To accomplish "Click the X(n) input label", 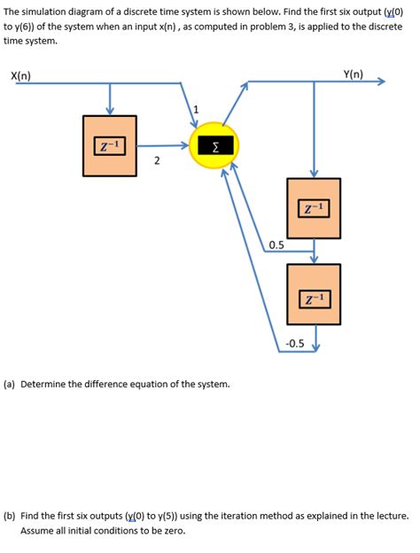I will pyautogui.click(x=20, y=75).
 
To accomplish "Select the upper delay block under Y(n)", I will pyautogui.click(x=314, y=207).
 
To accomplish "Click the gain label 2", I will pyautogui.click(x=156, y=160).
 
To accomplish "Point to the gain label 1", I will pyautogui.click(x=197, y=109).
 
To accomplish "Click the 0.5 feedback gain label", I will pyautogui.click(x=276, y=245).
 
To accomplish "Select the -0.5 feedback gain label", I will pyautogui.click(x=294, y=343).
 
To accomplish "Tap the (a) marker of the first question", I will pyautogui.click(x=10, y=385).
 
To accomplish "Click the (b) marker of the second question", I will pyautogui.click(x=10, y=515).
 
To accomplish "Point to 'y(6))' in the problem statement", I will pyautogui.click(x=29, y=25).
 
